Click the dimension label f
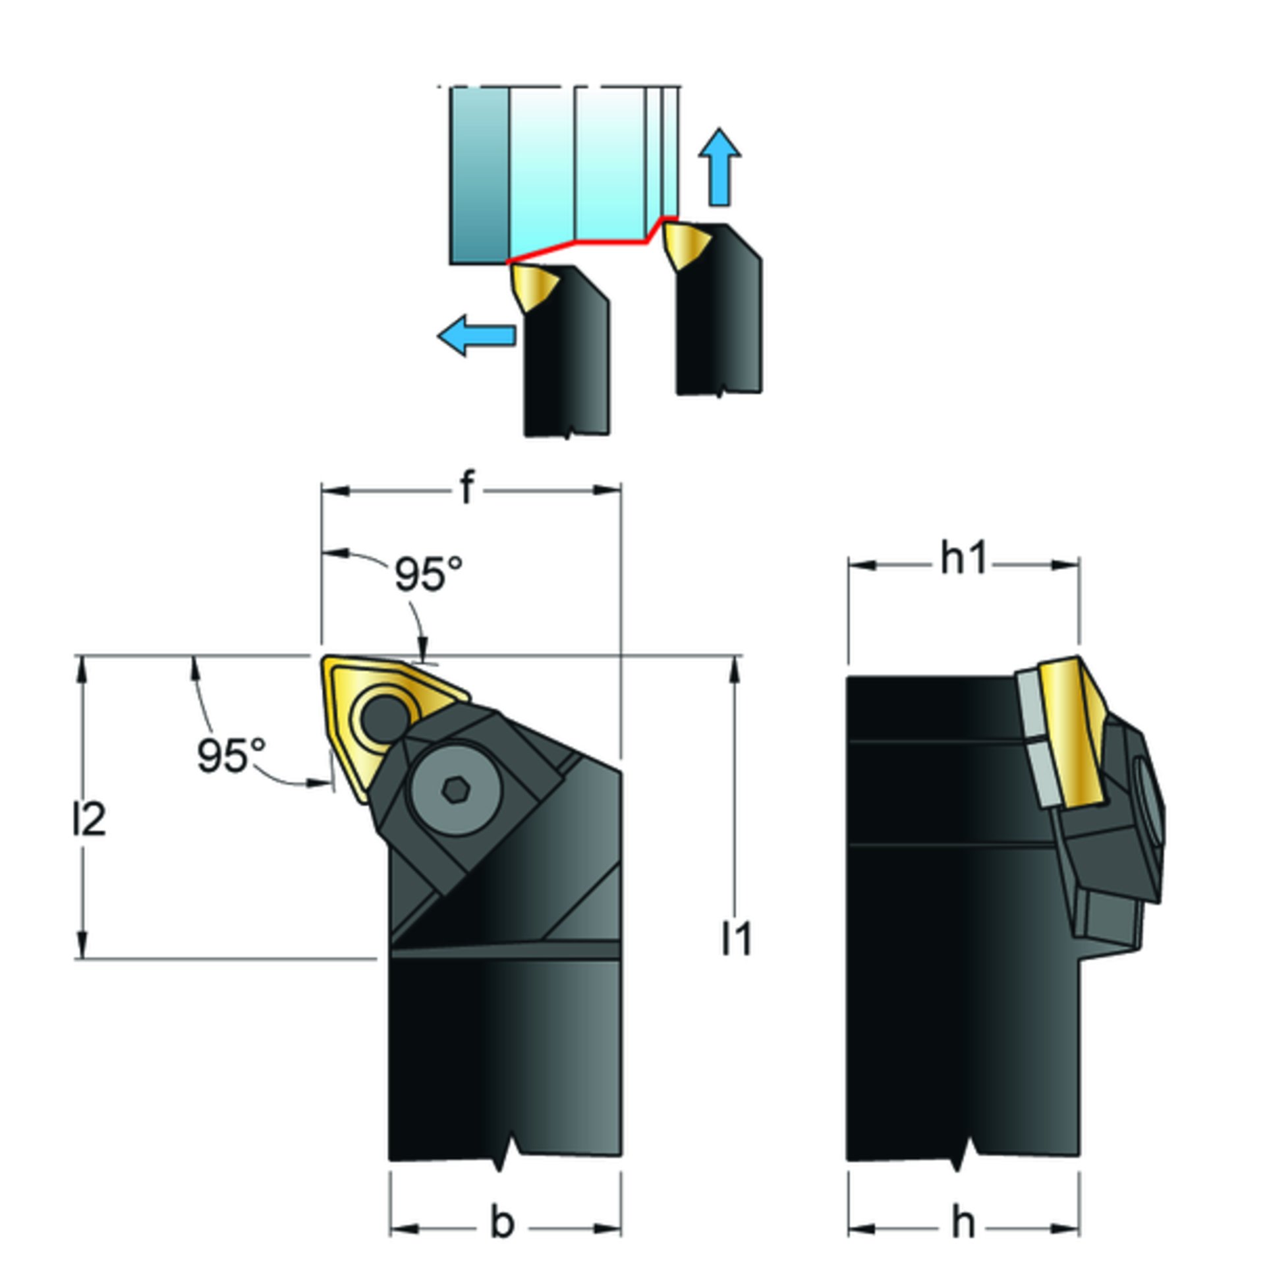point(466,488)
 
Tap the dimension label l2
point(89,821)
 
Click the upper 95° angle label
point(429,574)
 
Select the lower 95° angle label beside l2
point(231,755)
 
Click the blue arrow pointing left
point(476,335)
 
